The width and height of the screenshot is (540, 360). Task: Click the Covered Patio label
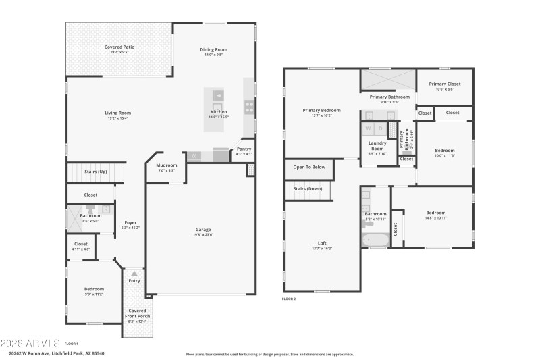[119, 48]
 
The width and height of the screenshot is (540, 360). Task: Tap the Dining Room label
[213, 50]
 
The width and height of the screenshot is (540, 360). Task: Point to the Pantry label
[244, 151]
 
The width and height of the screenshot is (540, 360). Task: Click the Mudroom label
[166, 167]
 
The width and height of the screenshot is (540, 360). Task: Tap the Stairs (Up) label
[96, 172]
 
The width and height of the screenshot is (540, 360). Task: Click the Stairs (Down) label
[308, 189]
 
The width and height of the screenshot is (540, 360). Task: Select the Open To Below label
[309, 167]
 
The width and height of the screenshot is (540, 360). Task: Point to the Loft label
[322, 245]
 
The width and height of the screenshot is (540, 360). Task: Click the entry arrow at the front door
[134, 274]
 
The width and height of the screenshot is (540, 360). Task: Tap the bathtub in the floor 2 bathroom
[375, 240]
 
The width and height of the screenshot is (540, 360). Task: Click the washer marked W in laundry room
[369, 128]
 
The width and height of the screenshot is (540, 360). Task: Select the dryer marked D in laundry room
[380, 128]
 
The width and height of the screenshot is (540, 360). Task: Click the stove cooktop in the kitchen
[248, 105]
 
